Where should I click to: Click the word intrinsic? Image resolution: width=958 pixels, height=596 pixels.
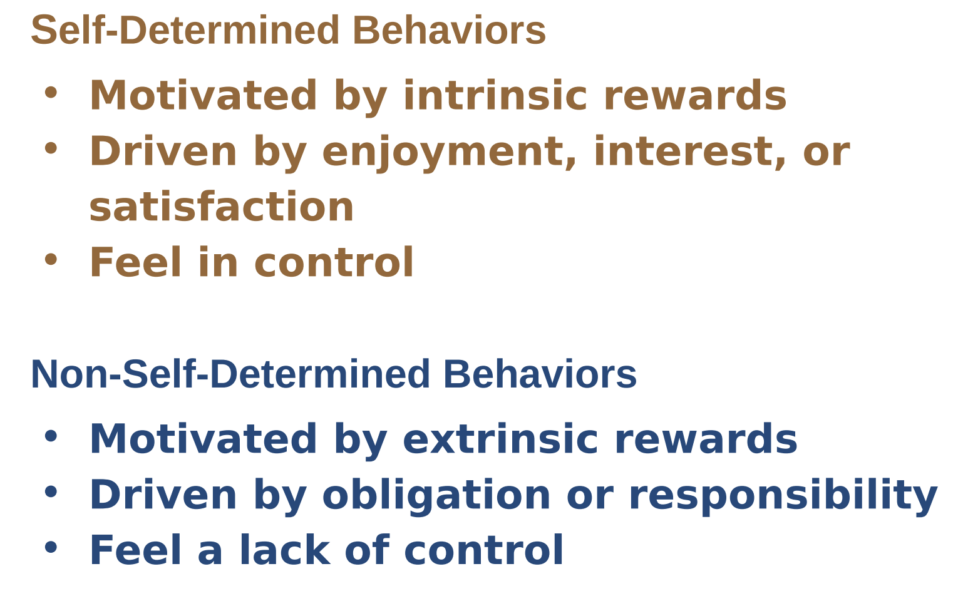click(x=495, y=95)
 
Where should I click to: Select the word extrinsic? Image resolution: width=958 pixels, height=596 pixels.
click(x=500, y=439)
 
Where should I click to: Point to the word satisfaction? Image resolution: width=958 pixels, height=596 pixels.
click(x=221, y=207)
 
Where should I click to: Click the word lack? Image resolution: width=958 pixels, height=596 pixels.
click(x=285, y=550)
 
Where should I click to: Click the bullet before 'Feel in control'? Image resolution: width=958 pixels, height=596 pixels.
click(x=51, y=260)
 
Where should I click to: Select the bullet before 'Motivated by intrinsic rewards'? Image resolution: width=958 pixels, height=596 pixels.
click(x=51, y=93)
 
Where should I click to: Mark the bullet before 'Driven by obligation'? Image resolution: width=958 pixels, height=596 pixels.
click(x=51, y=491)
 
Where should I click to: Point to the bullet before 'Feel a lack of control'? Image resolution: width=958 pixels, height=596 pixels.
click(x=51, y=547)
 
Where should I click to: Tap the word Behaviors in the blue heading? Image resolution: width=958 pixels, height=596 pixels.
click(x=540, y=374)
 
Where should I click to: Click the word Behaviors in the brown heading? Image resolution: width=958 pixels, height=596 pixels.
click(x=450, y=30)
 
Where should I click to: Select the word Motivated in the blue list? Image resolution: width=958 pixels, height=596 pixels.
click(x=203, y=439)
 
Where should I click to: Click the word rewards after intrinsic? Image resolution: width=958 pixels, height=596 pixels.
click(x=696, y=95)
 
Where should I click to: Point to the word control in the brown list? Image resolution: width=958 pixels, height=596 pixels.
click(x=334, y=262)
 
